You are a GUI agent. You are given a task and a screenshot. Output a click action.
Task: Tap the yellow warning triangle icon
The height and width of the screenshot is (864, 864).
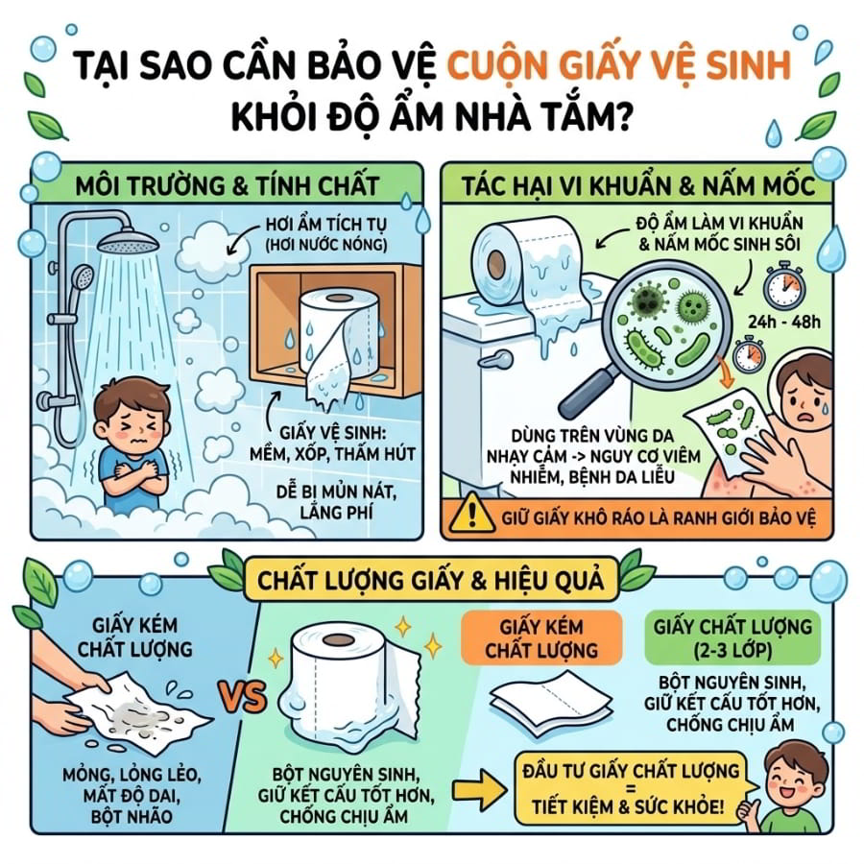471,514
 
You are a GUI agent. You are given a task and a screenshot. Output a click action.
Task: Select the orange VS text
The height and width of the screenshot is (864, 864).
244,697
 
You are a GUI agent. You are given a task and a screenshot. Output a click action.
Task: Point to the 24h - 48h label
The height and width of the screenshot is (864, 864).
784,322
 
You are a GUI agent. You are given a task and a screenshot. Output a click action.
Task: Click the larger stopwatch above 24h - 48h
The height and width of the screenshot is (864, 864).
784,286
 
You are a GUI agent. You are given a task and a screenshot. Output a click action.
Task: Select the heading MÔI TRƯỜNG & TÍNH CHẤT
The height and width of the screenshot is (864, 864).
227,185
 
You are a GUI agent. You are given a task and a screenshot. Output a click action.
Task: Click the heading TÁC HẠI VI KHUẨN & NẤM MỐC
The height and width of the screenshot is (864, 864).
638,185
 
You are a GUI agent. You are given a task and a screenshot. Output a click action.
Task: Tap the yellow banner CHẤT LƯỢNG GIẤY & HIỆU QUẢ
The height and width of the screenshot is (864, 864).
431,580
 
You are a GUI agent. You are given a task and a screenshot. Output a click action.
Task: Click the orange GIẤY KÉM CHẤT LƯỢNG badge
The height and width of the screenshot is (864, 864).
541,637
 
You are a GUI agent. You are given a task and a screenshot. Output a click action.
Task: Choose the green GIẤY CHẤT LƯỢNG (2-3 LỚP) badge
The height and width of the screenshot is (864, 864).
732,637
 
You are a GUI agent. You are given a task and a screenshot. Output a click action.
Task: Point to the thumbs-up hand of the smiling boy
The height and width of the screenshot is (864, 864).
751,811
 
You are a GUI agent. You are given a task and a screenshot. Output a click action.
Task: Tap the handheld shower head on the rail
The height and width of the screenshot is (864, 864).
83,277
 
